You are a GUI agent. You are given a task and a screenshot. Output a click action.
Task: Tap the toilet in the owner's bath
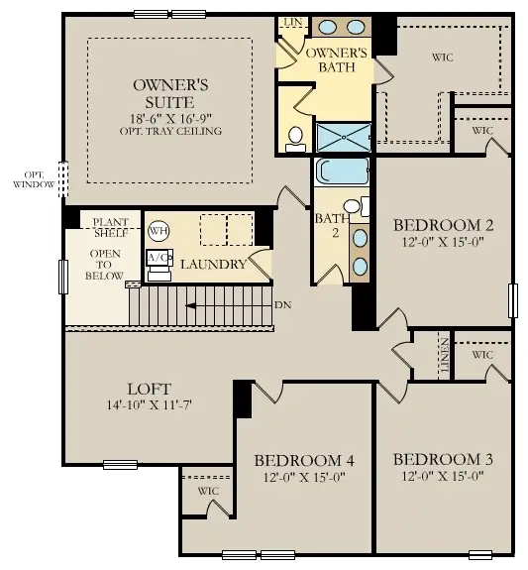pyautogui.click(x=295, y=140)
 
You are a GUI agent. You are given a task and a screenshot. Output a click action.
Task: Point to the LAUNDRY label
pyautogui.click(x=213, y=265)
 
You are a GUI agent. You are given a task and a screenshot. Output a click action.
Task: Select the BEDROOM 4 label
pyautogui.click(x=304, y=460)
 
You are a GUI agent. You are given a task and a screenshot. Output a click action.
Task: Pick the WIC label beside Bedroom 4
pyautogui.click(x=208, y=491)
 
